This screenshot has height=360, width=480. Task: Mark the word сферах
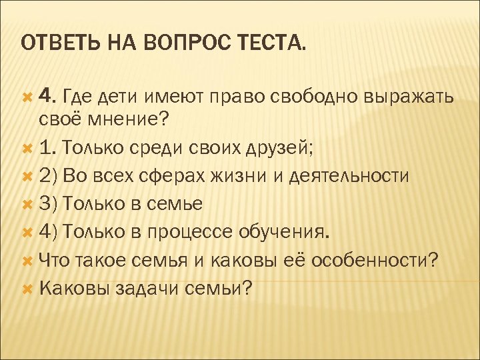click(x=163, y=175)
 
